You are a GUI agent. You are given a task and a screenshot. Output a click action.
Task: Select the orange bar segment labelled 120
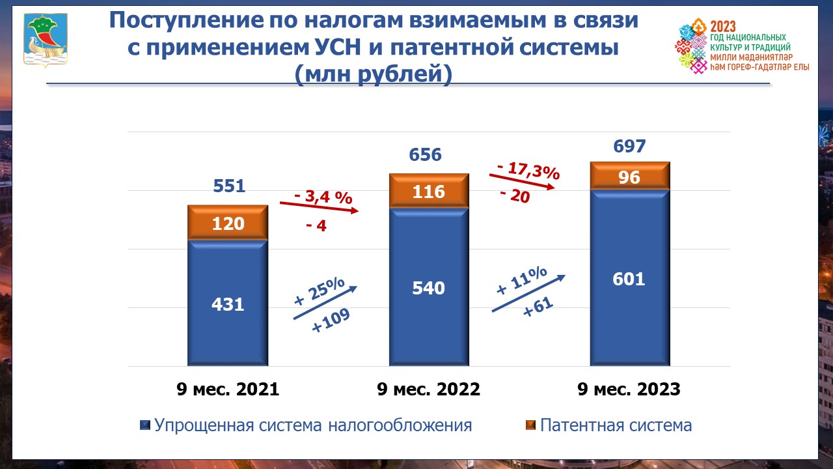pos(227,223)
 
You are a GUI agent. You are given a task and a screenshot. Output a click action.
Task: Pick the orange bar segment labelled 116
pos(428,192)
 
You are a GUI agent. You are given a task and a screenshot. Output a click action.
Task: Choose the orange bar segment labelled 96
pos(629,177)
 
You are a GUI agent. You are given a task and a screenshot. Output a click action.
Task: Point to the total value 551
pos(229,186)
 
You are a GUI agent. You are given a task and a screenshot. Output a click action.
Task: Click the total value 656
pos(425,155)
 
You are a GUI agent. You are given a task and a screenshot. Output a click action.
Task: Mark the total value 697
pos(629,146)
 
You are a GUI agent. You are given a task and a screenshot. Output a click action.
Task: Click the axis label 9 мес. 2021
pos(228,390)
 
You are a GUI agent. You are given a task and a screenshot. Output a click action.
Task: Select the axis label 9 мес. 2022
pos(428,390)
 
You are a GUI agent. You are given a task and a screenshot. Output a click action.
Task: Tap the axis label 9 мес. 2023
pos(629,390)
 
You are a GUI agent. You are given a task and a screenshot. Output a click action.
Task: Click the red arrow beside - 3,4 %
pos(319,207)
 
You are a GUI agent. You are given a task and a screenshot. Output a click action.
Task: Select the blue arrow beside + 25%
pos(325,302)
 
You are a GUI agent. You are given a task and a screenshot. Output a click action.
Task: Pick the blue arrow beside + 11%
pos(528,292)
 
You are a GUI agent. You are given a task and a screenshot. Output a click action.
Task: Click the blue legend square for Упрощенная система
pos(145,426)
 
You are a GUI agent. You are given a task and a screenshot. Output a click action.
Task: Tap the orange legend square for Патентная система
pos(531,426)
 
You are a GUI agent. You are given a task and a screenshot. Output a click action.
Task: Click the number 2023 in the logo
pos(722,26)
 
